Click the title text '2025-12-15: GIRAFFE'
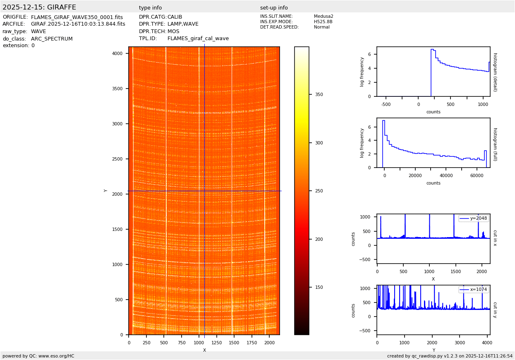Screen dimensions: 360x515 [x=39, y=7]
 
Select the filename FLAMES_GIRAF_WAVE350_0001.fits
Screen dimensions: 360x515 [x=77, y=17]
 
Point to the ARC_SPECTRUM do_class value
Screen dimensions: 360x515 [x=52, y=39]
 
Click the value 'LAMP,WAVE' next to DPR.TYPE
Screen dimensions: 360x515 [x=183, y=24]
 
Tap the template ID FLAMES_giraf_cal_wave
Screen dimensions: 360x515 [x=198, y=38]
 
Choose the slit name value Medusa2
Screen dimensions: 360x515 [x=323, y=17]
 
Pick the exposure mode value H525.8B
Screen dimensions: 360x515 [x=323, y=22]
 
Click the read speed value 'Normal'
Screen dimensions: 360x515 [x=322, y=27]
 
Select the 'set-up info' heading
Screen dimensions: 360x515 [x=274, y=8]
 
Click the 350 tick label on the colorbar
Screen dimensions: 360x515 [x=319, y=95]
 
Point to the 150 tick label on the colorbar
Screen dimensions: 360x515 [x=319, y=288]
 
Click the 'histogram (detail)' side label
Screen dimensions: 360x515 [x=495, y=72]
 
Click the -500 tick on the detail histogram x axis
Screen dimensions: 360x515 [x=386, y=104]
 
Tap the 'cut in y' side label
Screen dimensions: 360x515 [x=495, y=310]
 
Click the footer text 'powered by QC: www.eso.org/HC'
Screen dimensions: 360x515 [x=38, y=356]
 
